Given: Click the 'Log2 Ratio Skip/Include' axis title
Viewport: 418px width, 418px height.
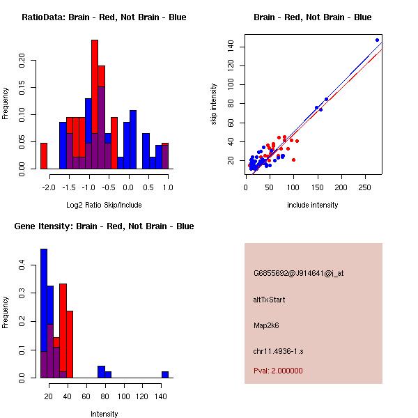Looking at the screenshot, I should click(104, 205).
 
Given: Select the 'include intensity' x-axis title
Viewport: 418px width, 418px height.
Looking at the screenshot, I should click(313, 205).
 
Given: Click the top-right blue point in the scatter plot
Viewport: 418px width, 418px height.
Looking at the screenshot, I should click(377, 40).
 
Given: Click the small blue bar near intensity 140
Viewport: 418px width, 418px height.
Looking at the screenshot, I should click(165, 374).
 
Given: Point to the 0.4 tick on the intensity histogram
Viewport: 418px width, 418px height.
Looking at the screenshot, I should click(22, 265).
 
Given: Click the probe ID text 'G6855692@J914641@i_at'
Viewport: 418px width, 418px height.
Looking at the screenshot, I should click(298, 273).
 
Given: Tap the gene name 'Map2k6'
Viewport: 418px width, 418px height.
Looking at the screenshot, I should click(267, 325).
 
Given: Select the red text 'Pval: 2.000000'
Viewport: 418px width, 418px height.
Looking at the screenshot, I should click(278, 371).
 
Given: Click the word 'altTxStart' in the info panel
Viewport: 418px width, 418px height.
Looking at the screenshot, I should click(269, 300).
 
